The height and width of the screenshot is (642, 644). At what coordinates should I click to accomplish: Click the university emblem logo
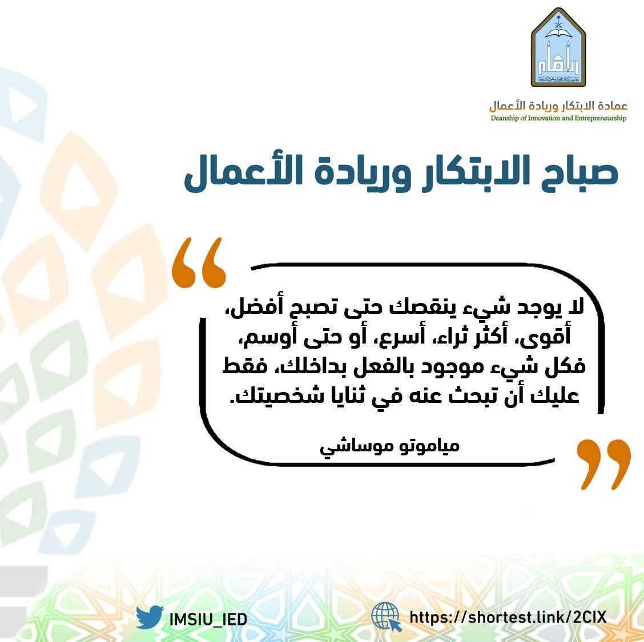click(558, 47)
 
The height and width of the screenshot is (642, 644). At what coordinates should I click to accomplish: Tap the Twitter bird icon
click(150, 616)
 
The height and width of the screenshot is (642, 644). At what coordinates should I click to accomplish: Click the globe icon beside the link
click(386, 616)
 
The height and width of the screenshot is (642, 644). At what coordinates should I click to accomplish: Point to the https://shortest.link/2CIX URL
click(508, 617)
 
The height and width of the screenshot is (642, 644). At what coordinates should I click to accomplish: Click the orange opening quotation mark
click(199, 263)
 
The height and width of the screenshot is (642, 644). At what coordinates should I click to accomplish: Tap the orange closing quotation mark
click(603, 465)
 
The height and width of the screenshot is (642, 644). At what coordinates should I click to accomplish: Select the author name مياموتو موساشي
click(389, 447)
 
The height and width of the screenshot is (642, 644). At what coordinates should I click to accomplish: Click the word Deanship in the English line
click(505, 118)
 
